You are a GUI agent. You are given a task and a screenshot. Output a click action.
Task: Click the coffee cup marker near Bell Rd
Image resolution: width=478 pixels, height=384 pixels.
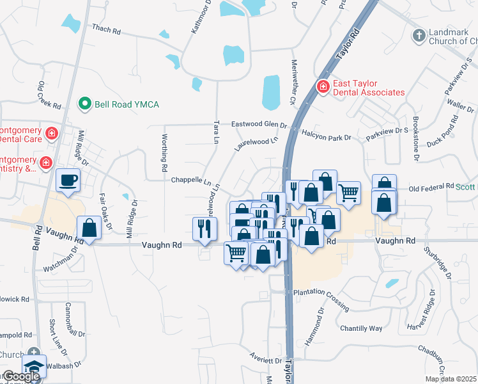68,180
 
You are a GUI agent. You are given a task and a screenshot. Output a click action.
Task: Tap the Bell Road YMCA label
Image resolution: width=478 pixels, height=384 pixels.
127,104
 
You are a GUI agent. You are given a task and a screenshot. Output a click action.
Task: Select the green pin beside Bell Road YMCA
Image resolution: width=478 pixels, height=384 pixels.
84,103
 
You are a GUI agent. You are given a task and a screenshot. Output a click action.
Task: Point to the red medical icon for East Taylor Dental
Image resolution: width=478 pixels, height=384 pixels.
323,86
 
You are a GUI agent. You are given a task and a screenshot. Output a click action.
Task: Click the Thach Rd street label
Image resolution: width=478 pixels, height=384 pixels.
106,29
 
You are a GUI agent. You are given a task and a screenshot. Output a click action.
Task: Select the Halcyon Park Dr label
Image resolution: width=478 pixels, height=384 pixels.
327,138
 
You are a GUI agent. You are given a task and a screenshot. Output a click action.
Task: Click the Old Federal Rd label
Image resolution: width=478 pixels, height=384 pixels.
431,189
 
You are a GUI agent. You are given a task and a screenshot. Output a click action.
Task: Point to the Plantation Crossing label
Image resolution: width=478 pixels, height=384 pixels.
320,292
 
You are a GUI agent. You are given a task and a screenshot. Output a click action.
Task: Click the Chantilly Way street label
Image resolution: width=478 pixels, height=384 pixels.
361,328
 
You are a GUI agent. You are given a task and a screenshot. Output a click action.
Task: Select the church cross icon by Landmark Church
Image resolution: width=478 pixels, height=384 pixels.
419,35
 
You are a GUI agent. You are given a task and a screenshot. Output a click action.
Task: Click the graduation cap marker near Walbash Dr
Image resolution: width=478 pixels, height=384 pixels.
33,367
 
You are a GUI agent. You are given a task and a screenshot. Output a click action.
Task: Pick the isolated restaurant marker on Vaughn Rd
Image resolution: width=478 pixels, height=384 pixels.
204,228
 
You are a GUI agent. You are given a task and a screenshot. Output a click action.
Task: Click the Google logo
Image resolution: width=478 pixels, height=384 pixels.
20,376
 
